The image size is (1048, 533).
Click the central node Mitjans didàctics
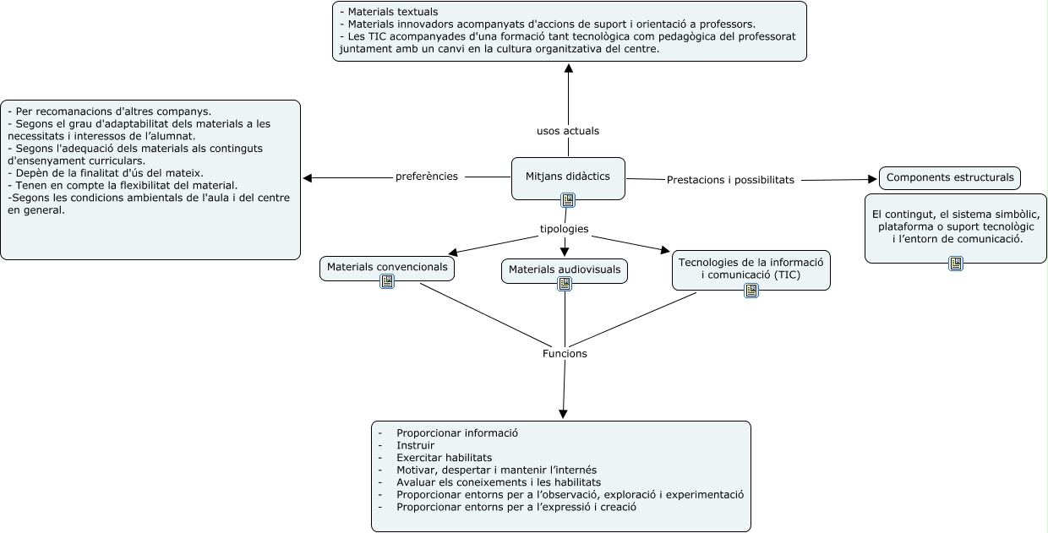(x=568, y=178)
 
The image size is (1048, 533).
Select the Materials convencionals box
(x=387, y=268)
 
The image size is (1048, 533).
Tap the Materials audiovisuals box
(x=565, y=270)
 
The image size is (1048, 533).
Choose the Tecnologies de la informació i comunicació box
(x=751, y=269)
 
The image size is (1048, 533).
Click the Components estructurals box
(x=950, y=177)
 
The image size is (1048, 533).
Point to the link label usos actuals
(x=568, y=131)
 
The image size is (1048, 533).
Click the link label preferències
(x=427, y=177)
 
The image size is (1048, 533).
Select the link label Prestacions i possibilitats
(x=730, y=180)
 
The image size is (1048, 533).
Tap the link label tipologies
(x=565, y=229)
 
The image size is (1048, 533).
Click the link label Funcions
(x=565, y=353)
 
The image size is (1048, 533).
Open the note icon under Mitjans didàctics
(x=568, y=200)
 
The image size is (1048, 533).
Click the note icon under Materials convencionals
(x=387, y=281)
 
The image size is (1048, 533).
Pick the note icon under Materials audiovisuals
(x=565, y=284)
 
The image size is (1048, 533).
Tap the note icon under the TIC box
(x=751, y=291)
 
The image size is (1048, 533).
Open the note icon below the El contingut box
(x=956, y=264)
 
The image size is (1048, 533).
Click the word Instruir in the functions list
(x=416, y=445)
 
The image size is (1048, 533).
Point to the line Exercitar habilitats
(x=444, y=457)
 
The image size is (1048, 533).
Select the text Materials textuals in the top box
(x=393, y=12)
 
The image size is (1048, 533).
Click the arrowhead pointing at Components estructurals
(x=872, y=179)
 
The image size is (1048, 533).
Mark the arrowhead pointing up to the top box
(x=569, y=68)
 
